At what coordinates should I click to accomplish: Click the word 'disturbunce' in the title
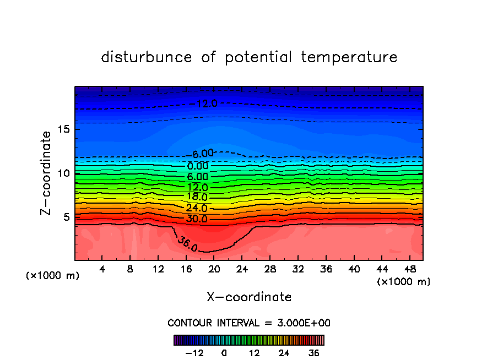[147, 57]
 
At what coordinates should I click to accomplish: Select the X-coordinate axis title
[249, 297]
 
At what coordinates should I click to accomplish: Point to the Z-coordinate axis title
[47, 173]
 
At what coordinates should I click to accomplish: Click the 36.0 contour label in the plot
[187, 244]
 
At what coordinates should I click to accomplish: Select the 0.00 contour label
[198, 166]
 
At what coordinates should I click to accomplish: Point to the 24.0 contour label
[197, 208]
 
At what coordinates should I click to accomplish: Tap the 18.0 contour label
[197, 197]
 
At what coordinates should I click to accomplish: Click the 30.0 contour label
[197, 219]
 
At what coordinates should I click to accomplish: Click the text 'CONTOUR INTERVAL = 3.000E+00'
[249, 323]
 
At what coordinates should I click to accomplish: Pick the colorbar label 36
[313, 353]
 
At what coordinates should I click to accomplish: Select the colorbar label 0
[224, 353]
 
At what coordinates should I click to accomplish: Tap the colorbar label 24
[284, 353]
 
